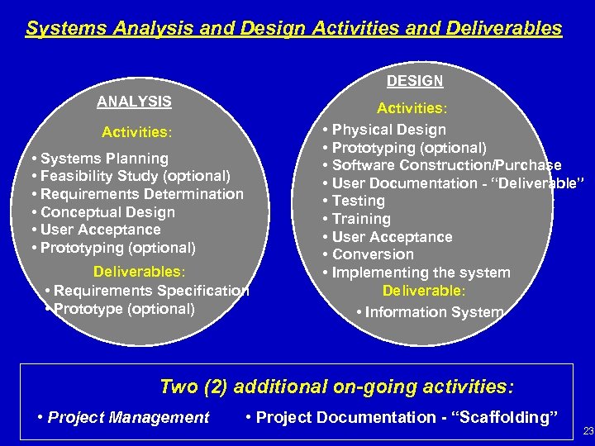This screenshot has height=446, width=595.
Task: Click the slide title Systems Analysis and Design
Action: click(293, 28)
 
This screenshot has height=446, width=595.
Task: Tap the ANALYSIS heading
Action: click(134, 102)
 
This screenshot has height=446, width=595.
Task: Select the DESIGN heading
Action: click(415, 81)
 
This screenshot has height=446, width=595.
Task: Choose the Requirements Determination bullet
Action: click(136, 194)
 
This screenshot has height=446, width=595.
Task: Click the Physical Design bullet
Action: click(388, 130)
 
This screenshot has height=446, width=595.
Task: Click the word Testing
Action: click(359, 201)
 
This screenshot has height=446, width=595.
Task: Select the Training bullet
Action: click(361, 219)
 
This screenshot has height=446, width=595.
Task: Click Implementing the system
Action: click(421, 273)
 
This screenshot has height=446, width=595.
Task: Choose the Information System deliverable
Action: click(434, 312)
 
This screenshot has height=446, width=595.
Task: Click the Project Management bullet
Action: click(128, 417)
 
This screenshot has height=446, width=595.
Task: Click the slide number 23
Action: click(588, 430)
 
